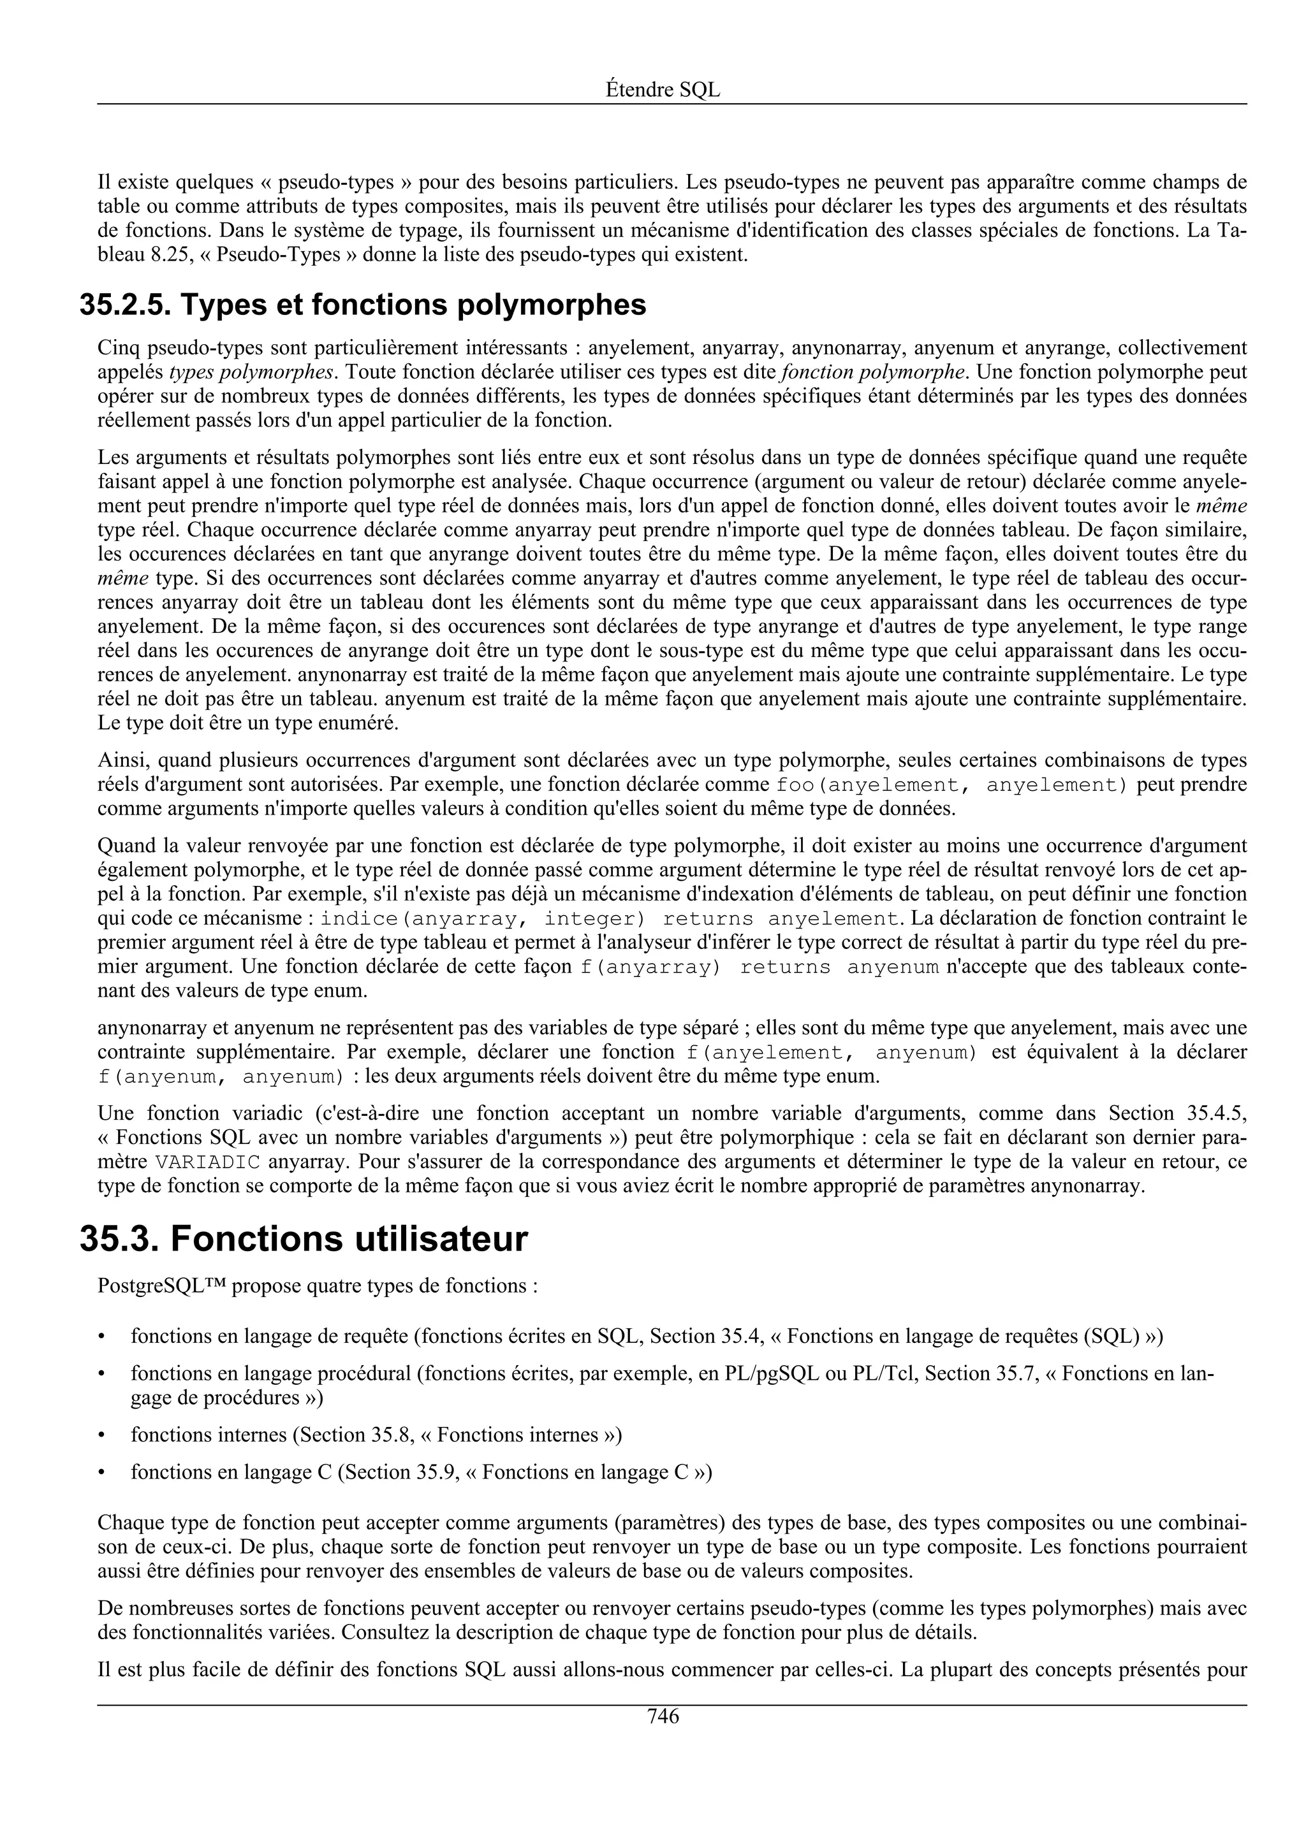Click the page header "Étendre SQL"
pos(663,90)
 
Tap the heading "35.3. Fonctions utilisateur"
pos(304,1239)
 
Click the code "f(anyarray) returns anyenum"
pos(759,967)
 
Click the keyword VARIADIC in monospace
pos(208,1163)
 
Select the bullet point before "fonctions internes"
pos(101,1436)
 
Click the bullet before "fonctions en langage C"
pos(101,1473)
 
